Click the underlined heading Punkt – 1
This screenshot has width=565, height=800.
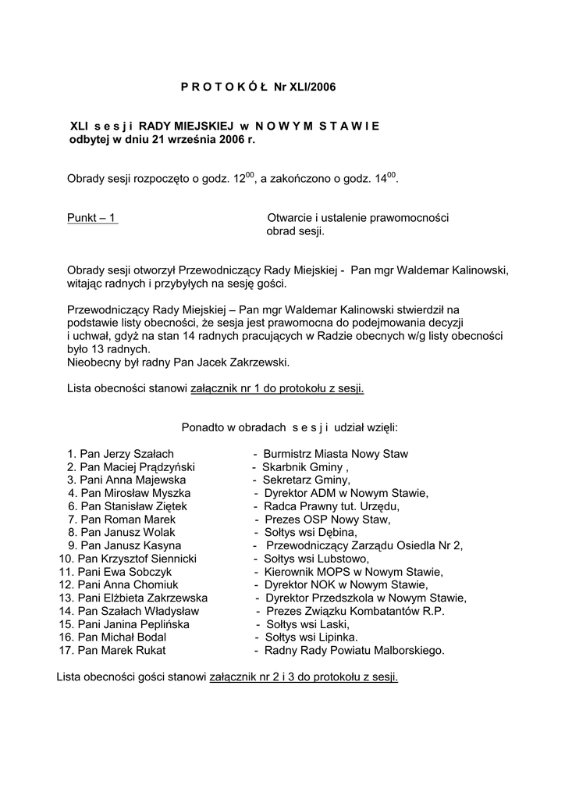click(x=92, y=218)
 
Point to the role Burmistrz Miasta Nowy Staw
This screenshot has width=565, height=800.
click(x=336, y=454)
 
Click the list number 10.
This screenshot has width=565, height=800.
click(x=66, y=559)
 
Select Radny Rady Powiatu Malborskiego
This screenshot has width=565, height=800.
click(x=354, y=650)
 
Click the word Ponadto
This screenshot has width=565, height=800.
click(x=202, y=427)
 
